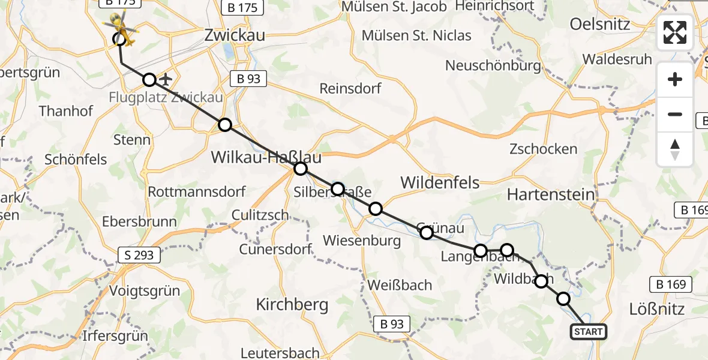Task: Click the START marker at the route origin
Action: coord(588,332)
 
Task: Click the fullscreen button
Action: coord(675,32)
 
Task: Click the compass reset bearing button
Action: coord(675,149)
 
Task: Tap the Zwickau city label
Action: coord(235,35)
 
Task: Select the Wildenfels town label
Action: coord(440,182)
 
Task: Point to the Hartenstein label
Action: coord(550,194)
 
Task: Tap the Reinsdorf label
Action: coord(350,88)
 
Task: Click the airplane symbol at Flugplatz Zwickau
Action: coord(166,79)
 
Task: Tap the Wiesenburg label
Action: coord(362,241)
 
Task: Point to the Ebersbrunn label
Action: coord(139,221)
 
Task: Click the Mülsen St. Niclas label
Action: coord(416,35)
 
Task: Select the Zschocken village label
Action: coord(543,149)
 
